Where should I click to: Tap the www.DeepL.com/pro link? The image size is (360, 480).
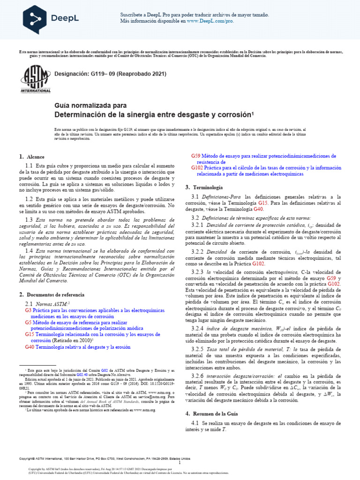(x=210, y=21)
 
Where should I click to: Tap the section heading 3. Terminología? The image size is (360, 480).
(x=200, y=187)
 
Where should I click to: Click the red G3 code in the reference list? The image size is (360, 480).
(x=28, y=311)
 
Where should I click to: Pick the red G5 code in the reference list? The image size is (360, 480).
(x=28, y=323)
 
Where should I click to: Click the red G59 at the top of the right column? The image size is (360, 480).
(x=195, y=156)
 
